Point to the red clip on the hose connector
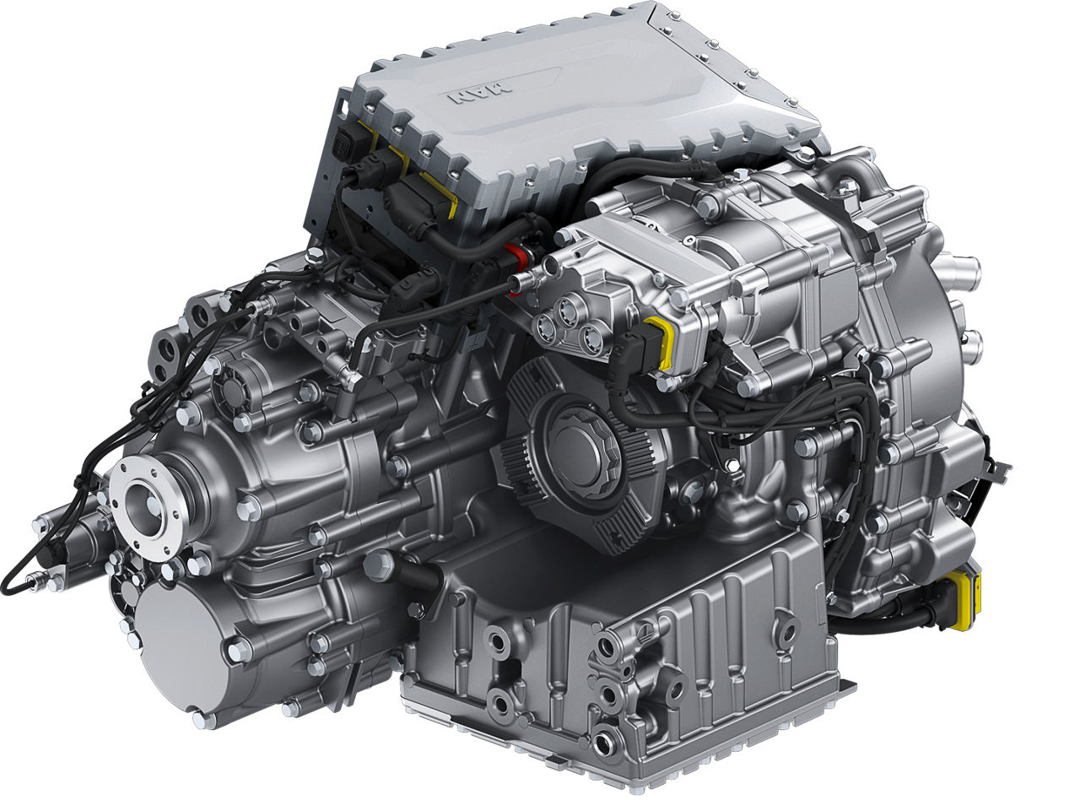(x=511, y=254)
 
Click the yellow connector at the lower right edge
(x=964, y=601)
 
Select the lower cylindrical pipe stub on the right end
(x=970, y=344)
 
